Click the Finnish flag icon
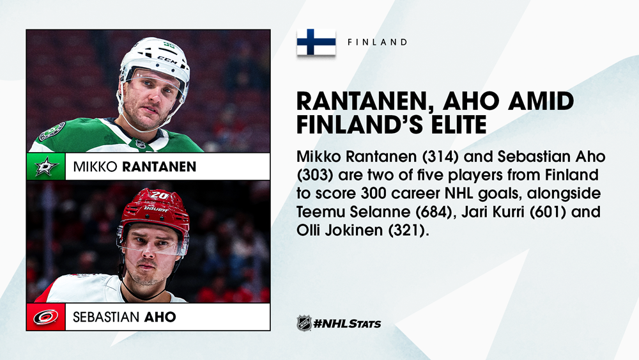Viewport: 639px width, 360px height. coord(316,42)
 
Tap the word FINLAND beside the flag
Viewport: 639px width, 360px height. coord(378,42)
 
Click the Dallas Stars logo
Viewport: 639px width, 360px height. coord(46,166)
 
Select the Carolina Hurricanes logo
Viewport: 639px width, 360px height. coord(45,317)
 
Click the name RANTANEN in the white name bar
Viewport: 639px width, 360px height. coord(159,166)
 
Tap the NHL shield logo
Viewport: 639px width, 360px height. coord(304,324)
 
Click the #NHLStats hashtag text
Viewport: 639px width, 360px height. coord(347,324)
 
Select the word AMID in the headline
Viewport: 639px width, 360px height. coord(541,102)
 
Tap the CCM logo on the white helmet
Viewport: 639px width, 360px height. coord(167,60)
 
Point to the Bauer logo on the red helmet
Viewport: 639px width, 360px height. coord(155,209)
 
